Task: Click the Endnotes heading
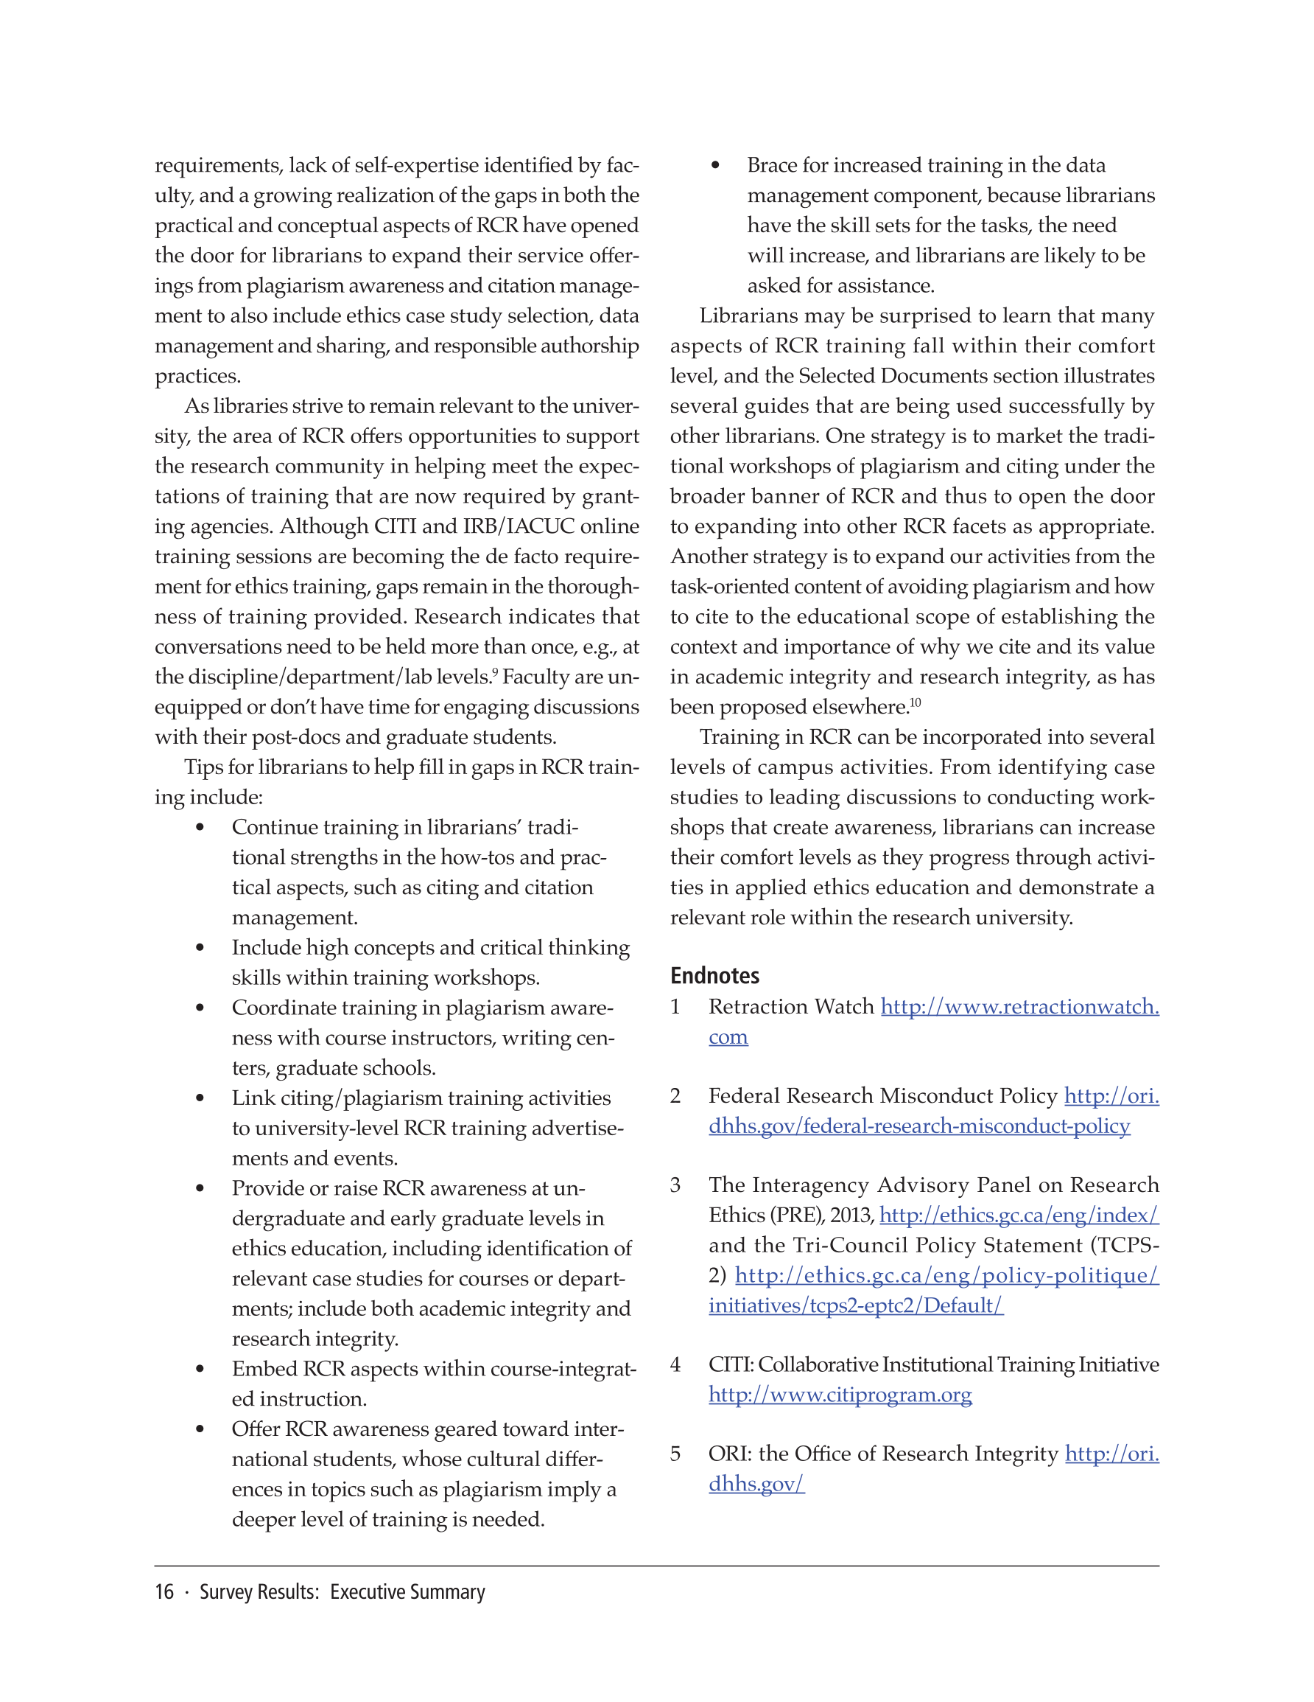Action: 714,975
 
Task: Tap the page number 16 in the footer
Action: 164,1591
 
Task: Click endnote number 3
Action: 675,1185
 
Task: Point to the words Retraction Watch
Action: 790,1006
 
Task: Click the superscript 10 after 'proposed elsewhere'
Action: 916,702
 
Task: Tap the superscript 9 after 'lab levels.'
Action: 496,672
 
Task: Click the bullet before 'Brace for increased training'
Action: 715,165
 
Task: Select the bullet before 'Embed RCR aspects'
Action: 200,1370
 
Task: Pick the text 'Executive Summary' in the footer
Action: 407,1591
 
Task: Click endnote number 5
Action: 675,1454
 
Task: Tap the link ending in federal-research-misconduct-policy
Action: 919,1126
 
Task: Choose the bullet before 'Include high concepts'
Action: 200,948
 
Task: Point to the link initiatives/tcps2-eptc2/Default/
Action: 855,1305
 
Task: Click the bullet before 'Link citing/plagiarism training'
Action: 200,1098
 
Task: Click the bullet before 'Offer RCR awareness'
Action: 200,1429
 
